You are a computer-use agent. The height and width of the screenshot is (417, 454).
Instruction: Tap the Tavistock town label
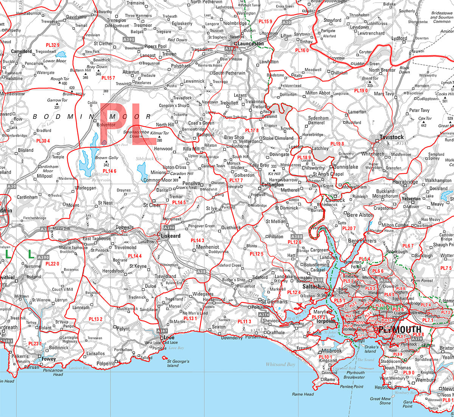392,137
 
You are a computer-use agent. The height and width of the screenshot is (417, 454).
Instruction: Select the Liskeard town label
171,236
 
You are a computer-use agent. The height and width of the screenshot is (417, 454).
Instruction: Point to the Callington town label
272,185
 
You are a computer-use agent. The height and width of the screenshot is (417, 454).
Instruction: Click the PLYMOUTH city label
400,330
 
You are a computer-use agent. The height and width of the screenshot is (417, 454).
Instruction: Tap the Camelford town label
22,51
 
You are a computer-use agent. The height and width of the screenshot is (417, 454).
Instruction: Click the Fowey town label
49,359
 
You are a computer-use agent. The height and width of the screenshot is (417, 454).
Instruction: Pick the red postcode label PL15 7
108,78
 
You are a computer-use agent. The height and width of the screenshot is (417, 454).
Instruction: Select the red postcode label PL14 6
110,171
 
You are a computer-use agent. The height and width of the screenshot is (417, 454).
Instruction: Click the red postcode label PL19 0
361,91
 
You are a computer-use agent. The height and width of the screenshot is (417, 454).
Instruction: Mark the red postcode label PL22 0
52,264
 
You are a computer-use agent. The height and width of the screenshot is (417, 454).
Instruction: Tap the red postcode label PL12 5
256,254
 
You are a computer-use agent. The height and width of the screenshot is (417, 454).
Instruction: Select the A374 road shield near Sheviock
264,314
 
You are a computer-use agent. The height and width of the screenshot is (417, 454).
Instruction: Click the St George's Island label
178,363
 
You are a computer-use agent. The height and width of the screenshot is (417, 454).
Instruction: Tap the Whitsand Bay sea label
280,364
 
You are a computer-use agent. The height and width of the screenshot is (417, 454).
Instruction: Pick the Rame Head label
303,394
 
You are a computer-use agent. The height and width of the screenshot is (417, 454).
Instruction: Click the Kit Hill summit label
275,174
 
